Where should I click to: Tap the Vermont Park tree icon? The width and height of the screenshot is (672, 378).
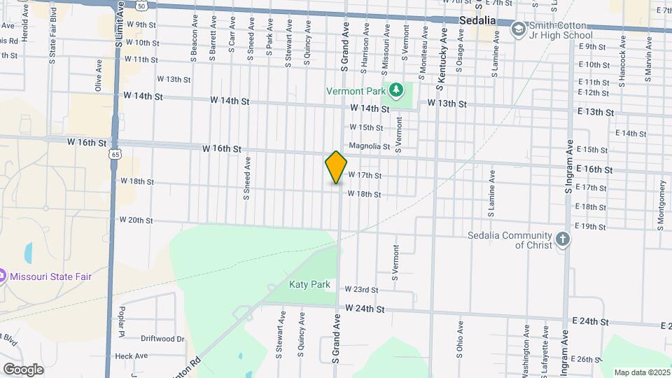click(396, 90)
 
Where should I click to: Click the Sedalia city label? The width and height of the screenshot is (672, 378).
click(477, 20)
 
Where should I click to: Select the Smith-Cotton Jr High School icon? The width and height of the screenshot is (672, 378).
click(518, 29)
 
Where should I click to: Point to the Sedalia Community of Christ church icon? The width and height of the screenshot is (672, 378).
click(563, 239)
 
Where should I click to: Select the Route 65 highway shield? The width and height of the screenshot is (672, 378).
click(115, 153)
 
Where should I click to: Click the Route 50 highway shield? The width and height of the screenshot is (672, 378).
click(142, 5)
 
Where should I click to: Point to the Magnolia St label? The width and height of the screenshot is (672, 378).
click(369, 146)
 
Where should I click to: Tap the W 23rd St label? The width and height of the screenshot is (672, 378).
click(361, 289)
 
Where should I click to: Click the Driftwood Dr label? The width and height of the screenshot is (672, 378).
click(162, 339)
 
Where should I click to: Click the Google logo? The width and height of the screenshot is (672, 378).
click(23, 369)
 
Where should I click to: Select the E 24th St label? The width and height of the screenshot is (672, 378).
click(589, 321)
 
